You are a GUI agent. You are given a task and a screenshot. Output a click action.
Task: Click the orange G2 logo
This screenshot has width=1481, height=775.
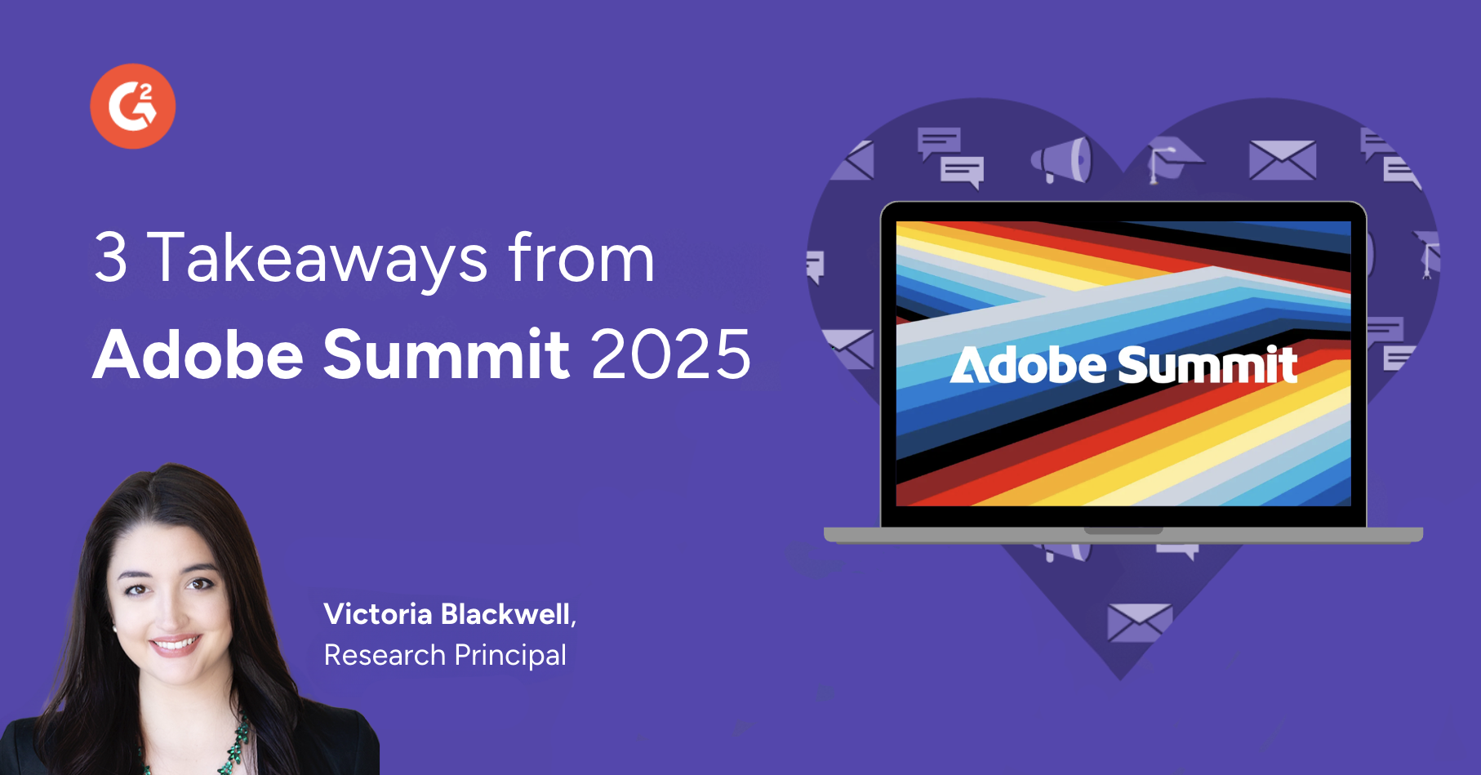coord(133,106)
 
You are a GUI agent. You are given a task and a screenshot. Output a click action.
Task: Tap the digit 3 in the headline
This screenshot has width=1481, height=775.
coord(111,258)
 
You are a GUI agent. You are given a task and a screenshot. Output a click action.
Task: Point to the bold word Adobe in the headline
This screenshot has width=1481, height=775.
coord(198,354)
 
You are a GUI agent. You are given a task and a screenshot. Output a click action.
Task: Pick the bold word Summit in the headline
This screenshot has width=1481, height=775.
coord(447,354)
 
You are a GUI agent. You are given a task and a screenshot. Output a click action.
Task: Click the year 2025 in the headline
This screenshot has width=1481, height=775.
coord(670,355)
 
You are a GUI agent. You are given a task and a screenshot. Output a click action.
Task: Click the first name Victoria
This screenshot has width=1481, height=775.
coord(378,614)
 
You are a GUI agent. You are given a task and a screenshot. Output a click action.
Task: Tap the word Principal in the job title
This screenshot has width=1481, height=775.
coord(510,655)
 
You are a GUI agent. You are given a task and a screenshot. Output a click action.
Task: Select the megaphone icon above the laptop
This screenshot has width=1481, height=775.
coord(1061,160)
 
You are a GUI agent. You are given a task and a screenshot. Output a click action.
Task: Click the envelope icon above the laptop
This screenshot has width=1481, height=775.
coord(1283,159)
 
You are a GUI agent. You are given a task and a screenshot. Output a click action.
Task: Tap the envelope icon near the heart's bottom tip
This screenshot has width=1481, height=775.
coord(1139,622)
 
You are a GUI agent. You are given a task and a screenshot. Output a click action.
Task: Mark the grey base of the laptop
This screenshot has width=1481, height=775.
coord(1123,535)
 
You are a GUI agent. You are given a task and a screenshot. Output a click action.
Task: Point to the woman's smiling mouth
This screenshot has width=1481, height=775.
coord(174,645)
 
